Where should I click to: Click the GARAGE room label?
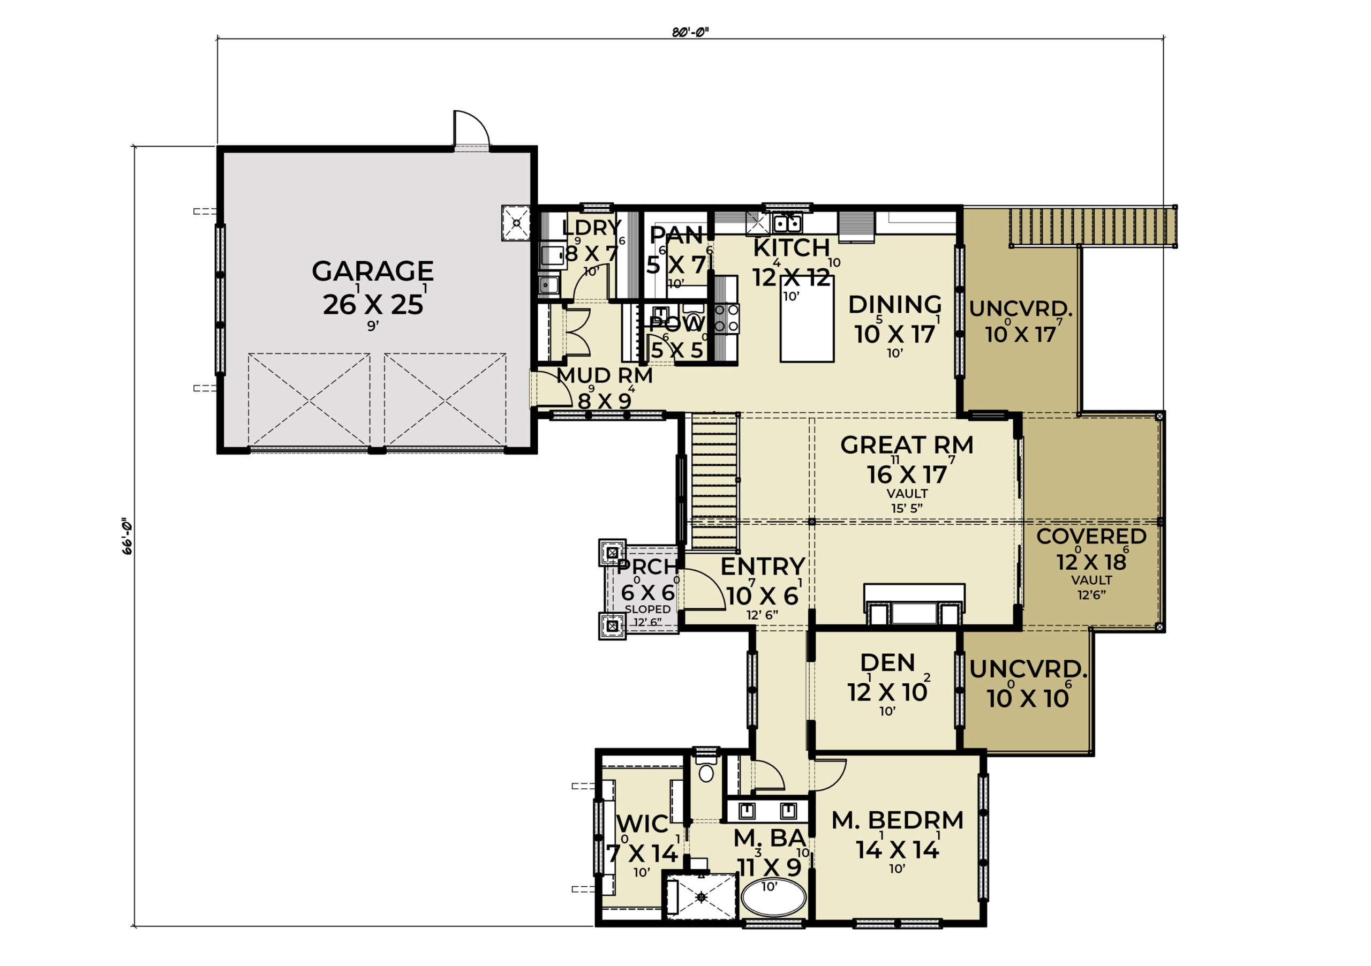(373, 271)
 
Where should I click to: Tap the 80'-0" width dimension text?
(690, 32)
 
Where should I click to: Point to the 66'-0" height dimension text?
(126, 536)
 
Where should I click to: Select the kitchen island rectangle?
(807, 319)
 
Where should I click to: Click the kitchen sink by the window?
(787, 223)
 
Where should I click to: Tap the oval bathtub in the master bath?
(773, 897)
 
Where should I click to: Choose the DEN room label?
(887, 663)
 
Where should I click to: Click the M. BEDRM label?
(898, 820)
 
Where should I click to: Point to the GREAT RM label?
(907, 445)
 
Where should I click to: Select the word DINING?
(895, 305)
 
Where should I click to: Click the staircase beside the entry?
(715, 481)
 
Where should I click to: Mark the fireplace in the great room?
(914, 604)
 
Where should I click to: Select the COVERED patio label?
(1091, 536)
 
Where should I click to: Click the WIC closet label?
(643, 824)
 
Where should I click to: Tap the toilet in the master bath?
(706, 768)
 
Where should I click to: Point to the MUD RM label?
(604, 375)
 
